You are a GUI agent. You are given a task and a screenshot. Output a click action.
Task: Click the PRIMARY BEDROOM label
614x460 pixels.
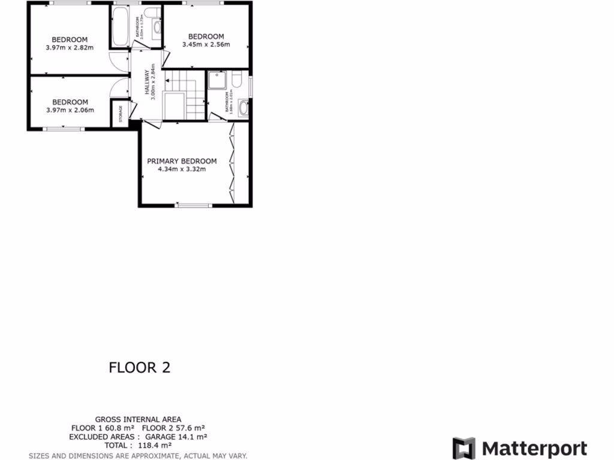click(182, 161)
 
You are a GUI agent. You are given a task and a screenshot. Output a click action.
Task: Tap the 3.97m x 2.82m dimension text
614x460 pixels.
click(70, 48)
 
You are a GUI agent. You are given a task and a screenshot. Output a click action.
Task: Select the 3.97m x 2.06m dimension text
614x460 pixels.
click(70, 110)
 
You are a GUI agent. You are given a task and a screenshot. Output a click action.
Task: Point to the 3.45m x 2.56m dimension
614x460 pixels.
click(206, 44)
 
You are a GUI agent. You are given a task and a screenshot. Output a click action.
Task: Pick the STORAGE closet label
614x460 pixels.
click(121, 114)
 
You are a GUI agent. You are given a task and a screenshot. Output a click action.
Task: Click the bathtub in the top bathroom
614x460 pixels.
click(118, 26)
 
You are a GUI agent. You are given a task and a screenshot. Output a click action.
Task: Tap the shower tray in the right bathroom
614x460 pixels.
click(216, 81)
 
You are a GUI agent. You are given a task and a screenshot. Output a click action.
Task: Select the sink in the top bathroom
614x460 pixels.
click(157, 26)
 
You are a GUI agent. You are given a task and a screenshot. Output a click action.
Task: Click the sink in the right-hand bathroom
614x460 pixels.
click(243, 108)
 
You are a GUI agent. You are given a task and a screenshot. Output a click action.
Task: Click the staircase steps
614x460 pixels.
click(193, 96)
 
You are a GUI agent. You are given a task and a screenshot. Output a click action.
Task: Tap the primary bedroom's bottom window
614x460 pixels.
click(194, 205)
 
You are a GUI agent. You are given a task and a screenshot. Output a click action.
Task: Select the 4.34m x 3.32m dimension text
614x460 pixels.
click(182, 170)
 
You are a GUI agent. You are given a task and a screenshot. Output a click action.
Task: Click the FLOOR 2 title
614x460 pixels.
click(139, 367)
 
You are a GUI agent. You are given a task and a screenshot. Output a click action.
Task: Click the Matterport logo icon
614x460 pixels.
click(463, 448)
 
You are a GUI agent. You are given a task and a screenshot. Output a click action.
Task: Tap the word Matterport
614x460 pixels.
click(535, 449)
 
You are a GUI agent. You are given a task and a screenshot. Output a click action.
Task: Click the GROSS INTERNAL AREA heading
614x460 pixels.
click(138, 419)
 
